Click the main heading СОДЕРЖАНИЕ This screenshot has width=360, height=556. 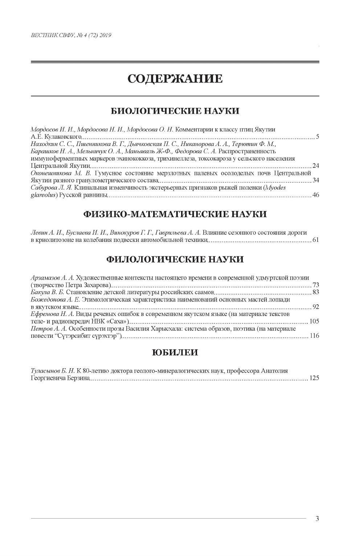(x=175, y=79)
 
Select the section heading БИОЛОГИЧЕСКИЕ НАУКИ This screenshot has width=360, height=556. (x=175, y=111)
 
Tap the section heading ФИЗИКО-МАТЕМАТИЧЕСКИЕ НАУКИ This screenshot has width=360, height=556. (x=175, y=214)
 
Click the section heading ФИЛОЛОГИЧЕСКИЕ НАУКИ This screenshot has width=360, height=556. (x=175, y=259)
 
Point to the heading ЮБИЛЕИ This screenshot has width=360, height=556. (x=175, y=352)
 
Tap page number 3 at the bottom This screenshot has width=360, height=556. (x=317, y=519)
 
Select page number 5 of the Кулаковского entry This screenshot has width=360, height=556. (x=317, y=137)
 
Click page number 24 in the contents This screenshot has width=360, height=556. (x=315, y=166)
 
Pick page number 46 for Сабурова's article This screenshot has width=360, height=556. (x=315, y=195)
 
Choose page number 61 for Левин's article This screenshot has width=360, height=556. (x=315, y=240)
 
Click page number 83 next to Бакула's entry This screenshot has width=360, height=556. (x=315, y=292)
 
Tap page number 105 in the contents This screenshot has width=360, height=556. (x=314, y=321)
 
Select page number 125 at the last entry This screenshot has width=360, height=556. (x=314, y=378)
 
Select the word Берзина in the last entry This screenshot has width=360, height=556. (x=78, y=378)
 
